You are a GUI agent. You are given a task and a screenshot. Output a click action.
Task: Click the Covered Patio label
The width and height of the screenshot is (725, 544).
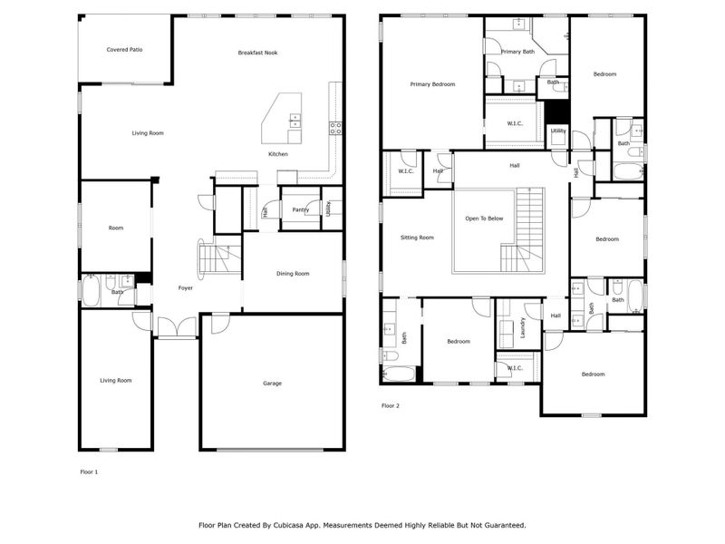[124, 50]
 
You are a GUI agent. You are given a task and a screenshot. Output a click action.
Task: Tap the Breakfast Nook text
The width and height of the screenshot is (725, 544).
[257, 53]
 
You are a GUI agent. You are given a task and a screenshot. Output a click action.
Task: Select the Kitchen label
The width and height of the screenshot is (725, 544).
[278, 154]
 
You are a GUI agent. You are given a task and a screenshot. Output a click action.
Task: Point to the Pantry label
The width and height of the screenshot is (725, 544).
[301, 209]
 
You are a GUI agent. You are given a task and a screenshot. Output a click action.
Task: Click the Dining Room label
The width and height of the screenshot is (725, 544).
[293, 273]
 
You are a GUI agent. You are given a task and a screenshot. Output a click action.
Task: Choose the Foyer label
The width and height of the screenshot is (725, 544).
[185, 288]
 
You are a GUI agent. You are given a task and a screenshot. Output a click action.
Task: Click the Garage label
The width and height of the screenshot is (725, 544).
[272, 384]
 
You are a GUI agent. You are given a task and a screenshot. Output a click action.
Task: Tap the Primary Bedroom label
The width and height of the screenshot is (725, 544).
[432, 84]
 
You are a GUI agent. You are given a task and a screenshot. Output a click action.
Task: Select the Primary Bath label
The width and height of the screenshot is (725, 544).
[517, 52]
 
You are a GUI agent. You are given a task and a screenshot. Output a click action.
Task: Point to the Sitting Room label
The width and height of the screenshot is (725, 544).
[417, 238]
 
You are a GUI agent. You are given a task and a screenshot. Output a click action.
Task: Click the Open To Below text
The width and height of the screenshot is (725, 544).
[485, 219]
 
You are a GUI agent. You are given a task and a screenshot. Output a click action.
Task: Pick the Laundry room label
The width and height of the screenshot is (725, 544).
[524, 327]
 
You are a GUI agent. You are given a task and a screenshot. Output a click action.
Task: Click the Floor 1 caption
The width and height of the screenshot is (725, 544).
[90, 472]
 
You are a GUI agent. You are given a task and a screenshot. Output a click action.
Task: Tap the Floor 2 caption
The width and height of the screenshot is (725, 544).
[390, 405]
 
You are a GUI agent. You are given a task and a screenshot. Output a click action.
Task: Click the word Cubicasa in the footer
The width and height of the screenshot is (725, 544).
[291, 525]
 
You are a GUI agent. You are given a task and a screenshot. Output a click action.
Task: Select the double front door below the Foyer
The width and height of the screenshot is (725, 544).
[176, 328]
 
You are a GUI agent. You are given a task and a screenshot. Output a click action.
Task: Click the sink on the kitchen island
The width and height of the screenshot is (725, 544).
[295, 119]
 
